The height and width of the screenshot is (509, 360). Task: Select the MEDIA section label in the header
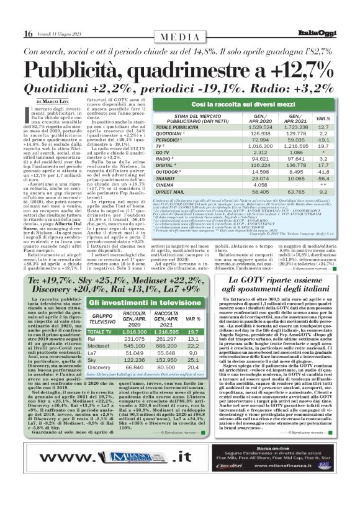tap(180, 37)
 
